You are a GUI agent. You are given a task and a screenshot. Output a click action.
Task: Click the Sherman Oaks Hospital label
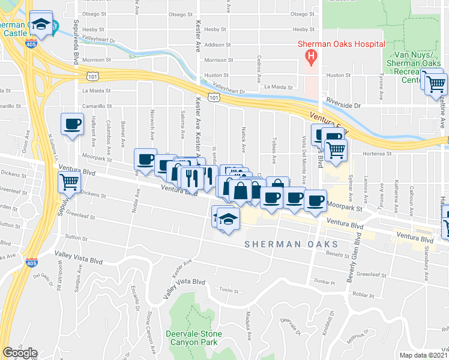coord(342,44)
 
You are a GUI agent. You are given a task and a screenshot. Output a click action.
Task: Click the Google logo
coord(19,353)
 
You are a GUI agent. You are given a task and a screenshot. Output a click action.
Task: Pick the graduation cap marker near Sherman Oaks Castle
coord(41,25)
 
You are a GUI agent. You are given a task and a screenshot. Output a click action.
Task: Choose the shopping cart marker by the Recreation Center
coord(436,83)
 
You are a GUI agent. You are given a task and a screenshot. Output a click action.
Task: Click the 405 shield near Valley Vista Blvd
coord(31,263)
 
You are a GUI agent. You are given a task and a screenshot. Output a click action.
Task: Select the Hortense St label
coord(379,154)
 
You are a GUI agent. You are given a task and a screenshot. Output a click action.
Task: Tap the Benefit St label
coord(339,255)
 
